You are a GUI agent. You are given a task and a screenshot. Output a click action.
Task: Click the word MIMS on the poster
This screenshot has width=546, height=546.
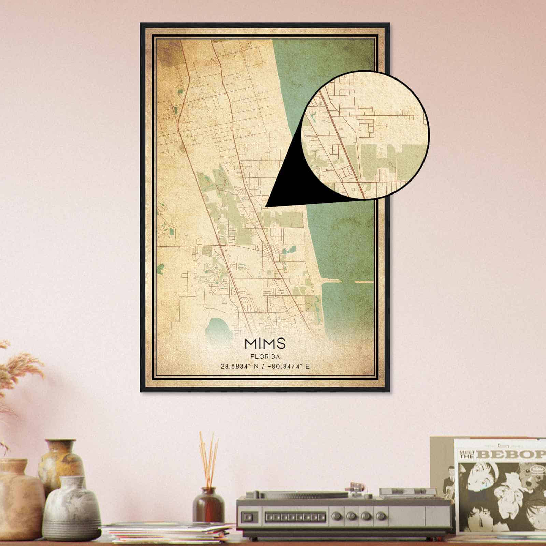point(265,344)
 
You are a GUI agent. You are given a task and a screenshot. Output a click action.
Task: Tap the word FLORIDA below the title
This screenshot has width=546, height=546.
point(265,357)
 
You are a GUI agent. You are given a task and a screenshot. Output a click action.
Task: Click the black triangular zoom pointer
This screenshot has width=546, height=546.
point(287,184)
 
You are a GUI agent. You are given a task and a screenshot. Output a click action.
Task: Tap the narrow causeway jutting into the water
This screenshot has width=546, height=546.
point(333,282)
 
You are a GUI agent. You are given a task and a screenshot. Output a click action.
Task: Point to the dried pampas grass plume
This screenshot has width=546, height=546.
point(20,369)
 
